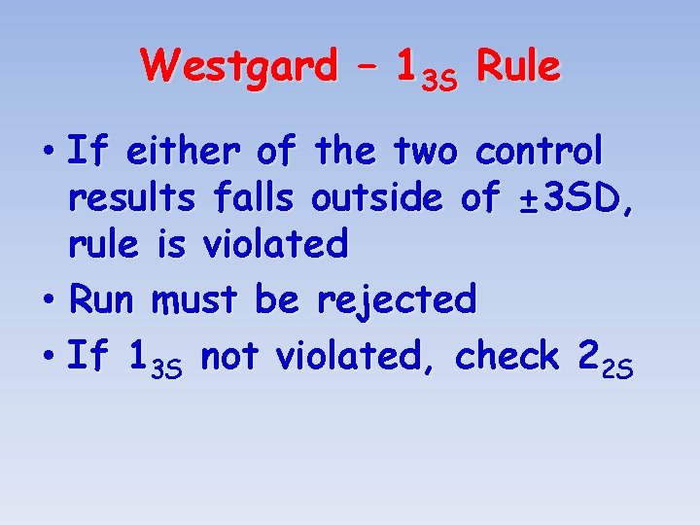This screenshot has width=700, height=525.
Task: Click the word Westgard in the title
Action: [238, 67]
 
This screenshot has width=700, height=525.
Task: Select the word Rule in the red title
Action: [519, 67]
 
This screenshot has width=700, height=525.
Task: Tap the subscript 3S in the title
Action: [438, 80]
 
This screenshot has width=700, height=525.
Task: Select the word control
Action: [539, 152]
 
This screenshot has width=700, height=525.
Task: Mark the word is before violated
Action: [170, 245]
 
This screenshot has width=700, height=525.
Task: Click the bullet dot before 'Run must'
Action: [50, 300]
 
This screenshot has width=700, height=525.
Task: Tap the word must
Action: [194, 300]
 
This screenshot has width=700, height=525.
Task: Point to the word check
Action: [507, 357]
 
